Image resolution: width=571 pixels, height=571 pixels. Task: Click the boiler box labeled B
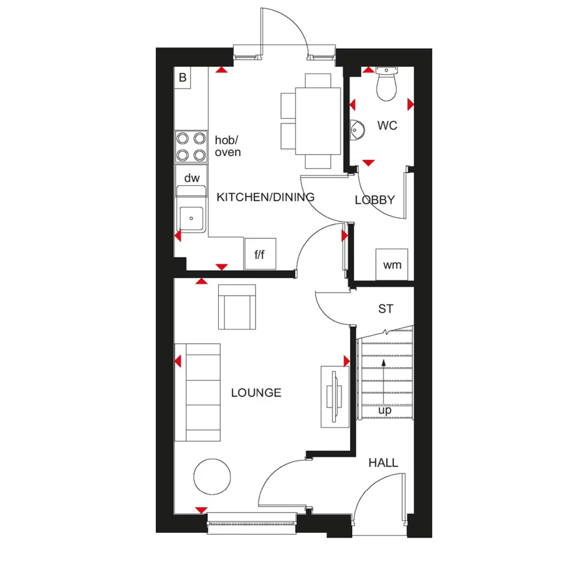[183, 78]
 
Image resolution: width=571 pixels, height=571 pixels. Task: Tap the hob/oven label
[228, 147]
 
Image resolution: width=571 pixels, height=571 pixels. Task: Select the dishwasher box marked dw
[191, 178]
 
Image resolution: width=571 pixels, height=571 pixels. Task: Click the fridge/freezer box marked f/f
[260, 254]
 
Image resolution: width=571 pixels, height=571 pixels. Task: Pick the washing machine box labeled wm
[393, 264]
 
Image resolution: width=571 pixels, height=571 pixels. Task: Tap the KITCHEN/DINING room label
[265, 197]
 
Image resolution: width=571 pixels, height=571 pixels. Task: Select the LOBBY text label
[374, 200]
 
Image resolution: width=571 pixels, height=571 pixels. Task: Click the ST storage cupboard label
[385, 309]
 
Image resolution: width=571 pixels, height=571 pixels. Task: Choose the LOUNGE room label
[256, 393]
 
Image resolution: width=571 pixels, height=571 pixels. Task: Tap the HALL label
[383, 463]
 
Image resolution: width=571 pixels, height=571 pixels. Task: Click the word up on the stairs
[384, 411]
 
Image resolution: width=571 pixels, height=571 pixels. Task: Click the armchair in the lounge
[237, 307]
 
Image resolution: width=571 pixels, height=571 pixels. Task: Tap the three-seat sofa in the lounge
[197, 392]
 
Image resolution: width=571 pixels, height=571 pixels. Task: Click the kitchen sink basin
[191, 219]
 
